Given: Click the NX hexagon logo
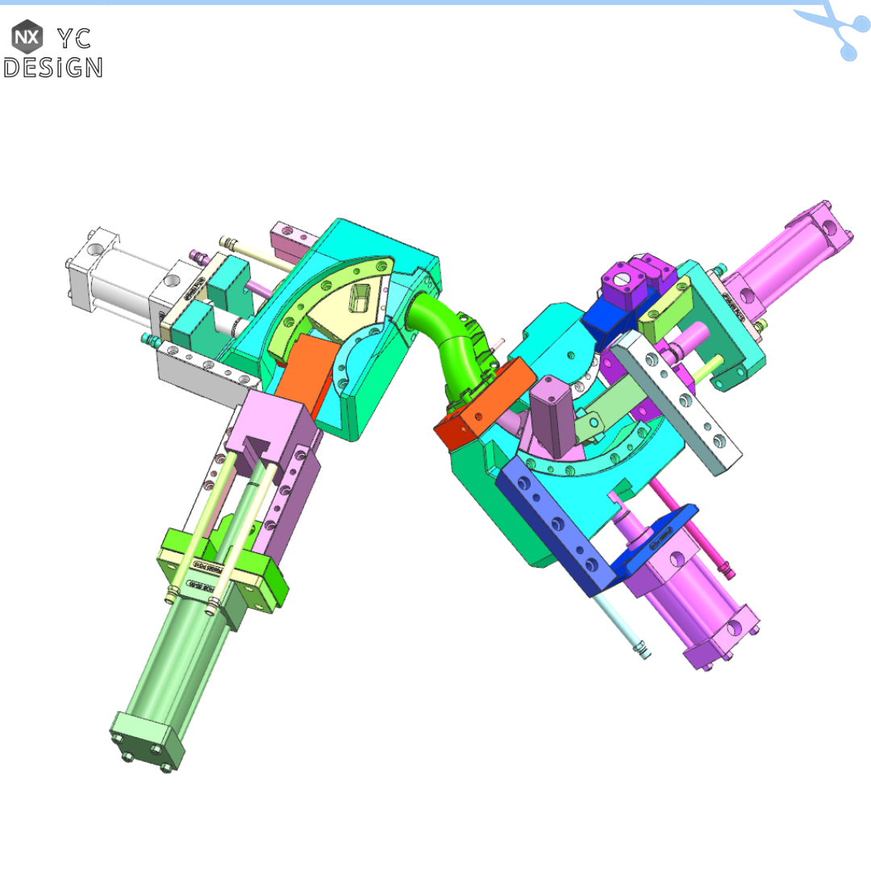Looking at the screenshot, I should coord(27,37).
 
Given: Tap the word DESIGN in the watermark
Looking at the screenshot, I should coord(53,67).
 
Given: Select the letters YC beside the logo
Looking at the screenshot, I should coord(74,37).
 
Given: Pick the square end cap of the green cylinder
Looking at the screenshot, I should coord(148,740).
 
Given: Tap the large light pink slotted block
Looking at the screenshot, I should coord(270,427).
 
